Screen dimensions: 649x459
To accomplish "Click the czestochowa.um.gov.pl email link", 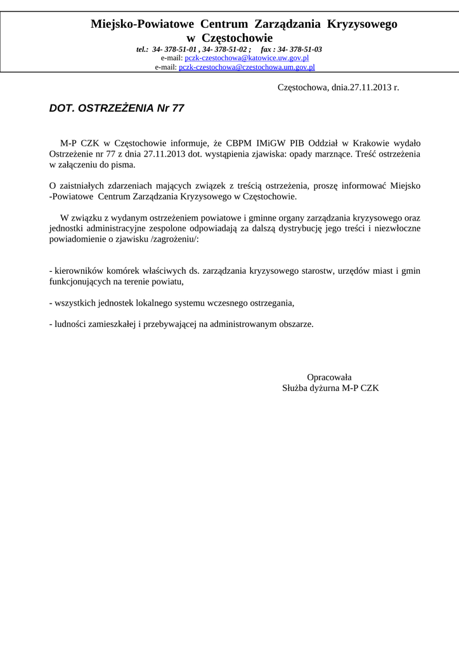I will click(247, 67).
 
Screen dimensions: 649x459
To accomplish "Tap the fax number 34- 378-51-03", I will click(299, 49).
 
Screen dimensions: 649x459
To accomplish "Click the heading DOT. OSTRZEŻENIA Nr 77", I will click(117, 108).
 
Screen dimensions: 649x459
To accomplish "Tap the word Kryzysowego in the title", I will click(362, 24).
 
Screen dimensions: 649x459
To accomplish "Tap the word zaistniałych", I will click(84, 186).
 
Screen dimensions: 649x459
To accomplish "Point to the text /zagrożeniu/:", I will click(174, 239).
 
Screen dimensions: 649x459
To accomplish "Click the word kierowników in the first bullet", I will click(77, 271).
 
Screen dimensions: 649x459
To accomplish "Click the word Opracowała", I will click(330, 376).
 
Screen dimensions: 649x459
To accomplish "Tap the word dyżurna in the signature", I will click(323, 387).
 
